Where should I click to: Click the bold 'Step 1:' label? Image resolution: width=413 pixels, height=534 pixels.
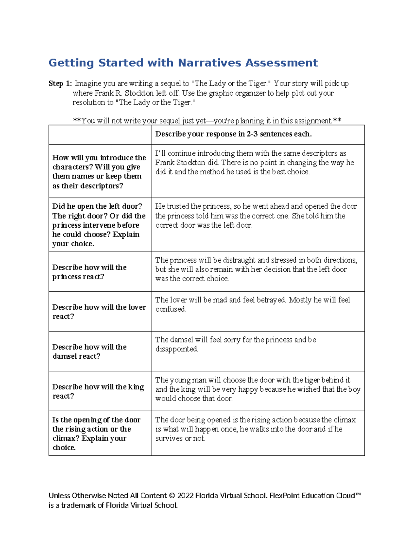(x=60, y=84)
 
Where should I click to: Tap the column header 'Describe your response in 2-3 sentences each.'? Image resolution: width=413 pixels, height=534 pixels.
(x=233, y=134)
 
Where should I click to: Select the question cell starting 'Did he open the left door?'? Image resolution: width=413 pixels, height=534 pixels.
(x=99, y=225)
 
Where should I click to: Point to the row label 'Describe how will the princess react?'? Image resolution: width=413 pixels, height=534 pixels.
(x=89, y=272)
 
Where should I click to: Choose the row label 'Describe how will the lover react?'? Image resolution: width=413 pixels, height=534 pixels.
(x=99, y=312)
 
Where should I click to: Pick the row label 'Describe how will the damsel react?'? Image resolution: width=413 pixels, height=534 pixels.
(x=89, y=351)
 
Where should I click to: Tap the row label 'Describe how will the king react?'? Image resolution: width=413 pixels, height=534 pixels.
(x=98, y=391)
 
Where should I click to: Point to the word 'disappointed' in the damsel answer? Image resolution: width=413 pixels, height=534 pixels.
(x=177, y=349)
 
